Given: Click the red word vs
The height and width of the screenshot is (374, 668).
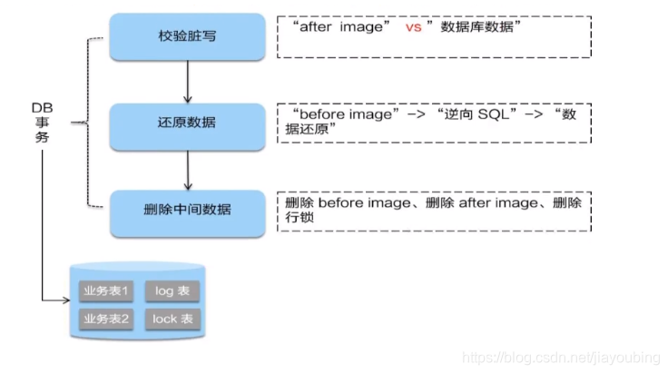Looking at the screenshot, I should pyautogui.click(x=414, y=29).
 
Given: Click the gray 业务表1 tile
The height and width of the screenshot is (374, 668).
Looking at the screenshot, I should pyautogui.click(x=107, y=291).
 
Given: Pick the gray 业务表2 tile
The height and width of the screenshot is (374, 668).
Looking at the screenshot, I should pyautogui.click(x=107, y=319).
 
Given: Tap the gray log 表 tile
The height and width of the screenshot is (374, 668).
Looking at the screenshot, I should pyautogui.click(x=172, y=291).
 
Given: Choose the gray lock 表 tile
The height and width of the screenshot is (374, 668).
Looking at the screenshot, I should pyautogui.click(x=172, y=319).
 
